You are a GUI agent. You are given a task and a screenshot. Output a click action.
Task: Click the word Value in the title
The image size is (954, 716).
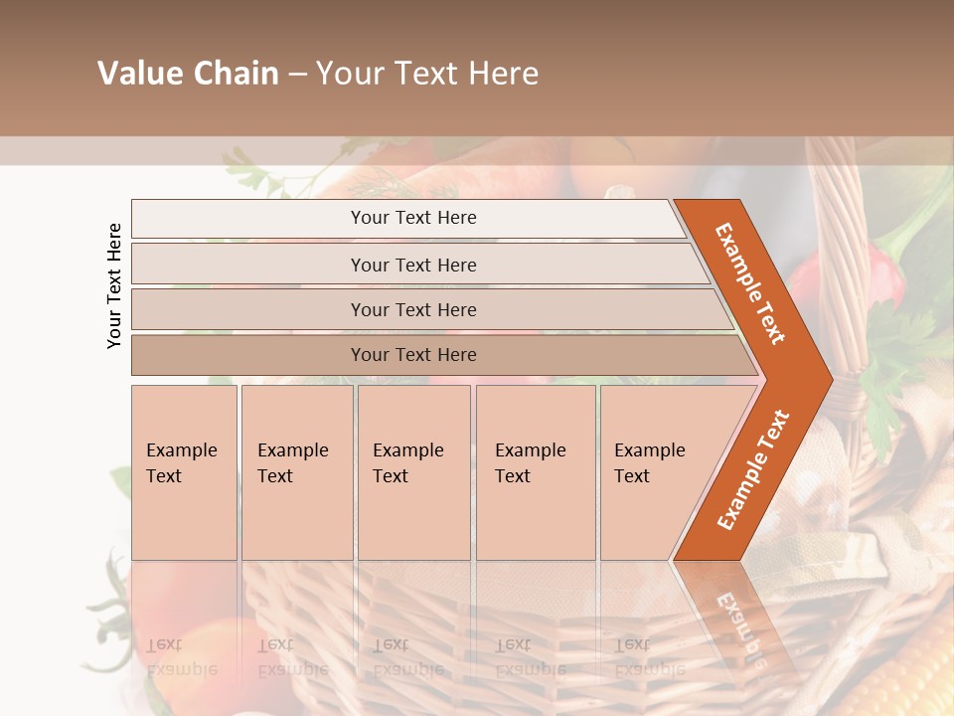(136, 74)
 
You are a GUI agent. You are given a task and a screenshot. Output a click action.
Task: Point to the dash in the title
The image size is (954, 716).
(297, 75)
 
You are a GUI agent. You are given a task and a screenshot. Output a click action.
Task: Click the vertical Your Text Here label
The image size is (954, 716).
(114, 285)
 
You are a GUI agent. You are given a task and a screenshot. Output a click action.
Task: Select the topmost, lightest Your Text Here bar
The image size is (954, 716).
(412, 218)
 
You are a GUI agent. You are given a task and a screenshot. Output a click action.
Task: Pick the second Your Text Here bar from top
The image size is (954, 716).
(412, 265)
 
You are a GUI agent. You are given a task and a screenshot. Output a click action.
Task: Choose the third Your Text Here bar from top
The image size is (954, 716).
(412, 309)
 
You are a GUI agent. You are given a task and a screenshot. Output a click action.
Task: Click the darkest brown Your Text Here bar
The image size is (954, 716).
(412, 355)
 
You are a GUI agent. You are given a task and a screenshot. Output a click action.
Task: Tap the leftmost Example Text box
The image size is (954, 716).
(184, 471)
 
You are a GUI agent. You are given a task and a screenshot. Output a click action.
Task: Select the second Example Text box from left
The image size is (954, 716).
(296, 471)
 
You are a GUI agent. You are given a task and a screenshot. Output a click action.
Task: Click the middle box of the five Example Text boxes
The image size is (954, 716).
(413, 471)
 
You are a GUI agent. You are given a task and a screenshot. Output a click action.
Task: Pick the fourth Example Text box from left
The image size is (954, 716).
(535, 471)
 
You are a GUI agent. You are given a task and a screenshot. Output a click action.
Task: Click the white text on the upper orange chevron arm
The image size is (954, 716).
(750, 283)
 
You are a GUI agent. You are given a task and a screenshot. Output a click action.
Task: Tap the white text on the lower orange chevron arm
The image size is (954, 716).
(753, 469)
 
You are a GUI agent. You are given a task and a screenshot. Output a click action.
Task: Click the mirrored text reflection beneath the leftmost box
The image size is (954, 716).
(181, 656)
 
